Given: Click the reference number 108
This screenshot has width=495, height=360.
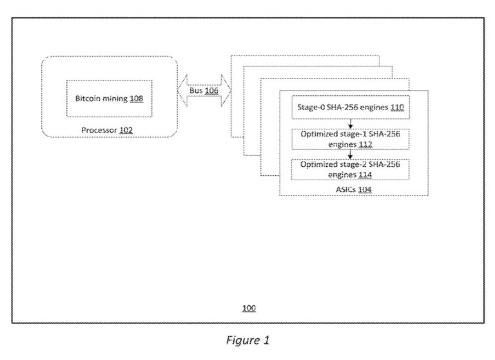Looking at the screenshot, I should pos(136,99).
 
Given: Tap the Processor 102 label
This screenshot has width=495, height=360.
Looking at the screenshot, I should pos(106,130).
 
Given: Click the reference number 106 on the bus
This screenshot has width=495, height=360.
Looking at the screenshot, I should pos(211,91).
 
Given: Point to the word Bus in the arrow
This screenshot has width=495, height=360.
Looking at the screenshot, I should pos(196,91).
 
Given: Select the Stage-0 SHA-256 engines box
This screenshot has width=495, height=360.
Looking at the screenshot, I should pos(349,109).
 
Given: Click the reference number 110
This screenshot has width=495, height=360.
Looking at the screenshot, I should pos(397,108).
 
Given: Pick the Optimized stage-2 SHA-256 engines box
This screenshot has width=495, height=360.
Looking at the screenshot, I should pos(349,169).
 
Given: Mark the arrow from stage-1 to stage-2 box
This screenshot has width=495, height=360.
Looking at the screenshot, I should pos(349,155).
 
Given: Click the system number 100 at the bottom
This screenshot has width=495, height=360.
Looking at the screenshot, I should pos(249,308).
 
